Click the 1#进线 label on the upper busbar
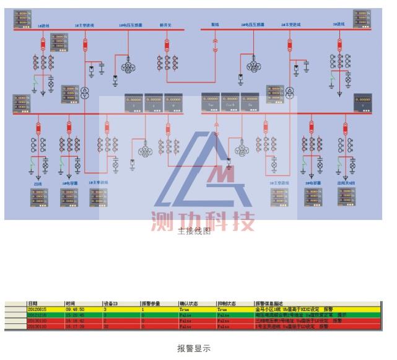point(43,26)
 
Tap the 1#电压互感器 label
point(131,25)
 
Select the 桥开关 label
point(166,25)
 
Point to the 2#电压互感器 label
point(253,25)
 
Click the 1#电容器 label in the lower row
point(69,183)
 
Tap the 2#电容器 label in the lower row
point(313,183)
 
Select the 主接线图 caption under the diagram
point(194,230)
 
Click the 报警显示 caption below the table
point(194,348)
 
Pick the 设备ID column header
point(111,304)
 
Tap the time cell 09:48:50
point(75,309)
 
